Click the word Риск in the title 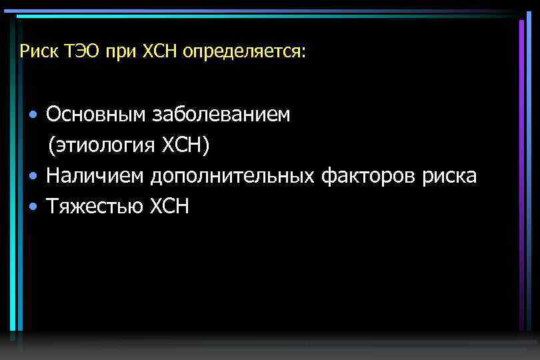click(35, 51)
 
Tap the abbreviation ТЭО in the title click(79, 51)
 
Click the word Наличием click(96, 176)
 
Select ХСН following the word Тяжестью click(169, 207)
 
